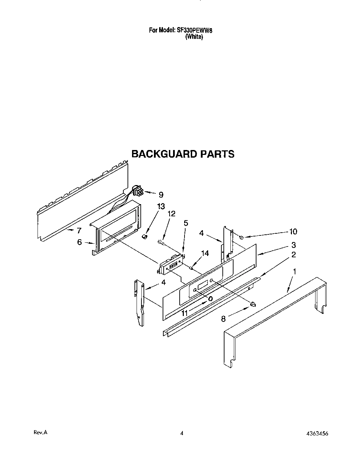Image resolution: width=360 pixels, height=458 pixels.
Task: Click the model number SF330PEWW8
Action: (x=195, y=30)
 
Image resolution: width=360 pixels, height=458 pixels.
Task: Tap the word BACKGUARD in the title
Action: (x=164, y=154)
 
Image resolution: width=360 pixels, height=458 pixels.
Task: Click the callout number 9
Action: (x=161, y=195)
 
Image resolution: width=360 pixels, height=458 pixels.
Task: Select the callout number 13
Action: (x=161, y=206)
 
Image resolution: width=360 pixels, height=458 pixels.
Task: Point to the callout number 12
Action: (x=171, y=214)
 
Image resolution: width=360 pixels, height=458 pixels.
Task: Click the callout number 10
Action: (x=293, y=232)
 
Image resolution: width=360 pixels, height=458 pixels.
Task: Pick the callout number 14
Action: (x=205, y=253)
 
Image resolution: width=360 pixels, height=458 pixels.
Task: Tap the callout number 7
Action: (x=79, y=230)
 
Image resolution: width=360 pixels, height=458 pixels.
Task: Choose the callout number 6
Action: (x=80, y=242)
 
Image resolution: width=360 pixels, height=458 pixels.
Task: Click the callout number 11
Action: (x=184, y=313)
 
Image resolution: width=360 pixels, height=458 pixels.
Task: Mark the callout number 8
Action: (x=223, y=318)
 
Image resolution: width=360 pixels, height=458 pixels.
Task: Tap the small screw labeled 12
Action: (x=161, y=242)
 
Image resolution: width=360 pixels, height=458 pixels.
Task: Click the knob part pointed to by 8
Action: (x=253, y=304)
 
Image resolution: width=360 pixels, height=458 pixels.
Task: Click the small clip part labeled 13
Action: (x=145, y=236)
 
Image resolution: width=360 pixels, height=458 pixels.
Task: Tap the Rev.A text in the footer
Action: (x=40, y=433)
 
